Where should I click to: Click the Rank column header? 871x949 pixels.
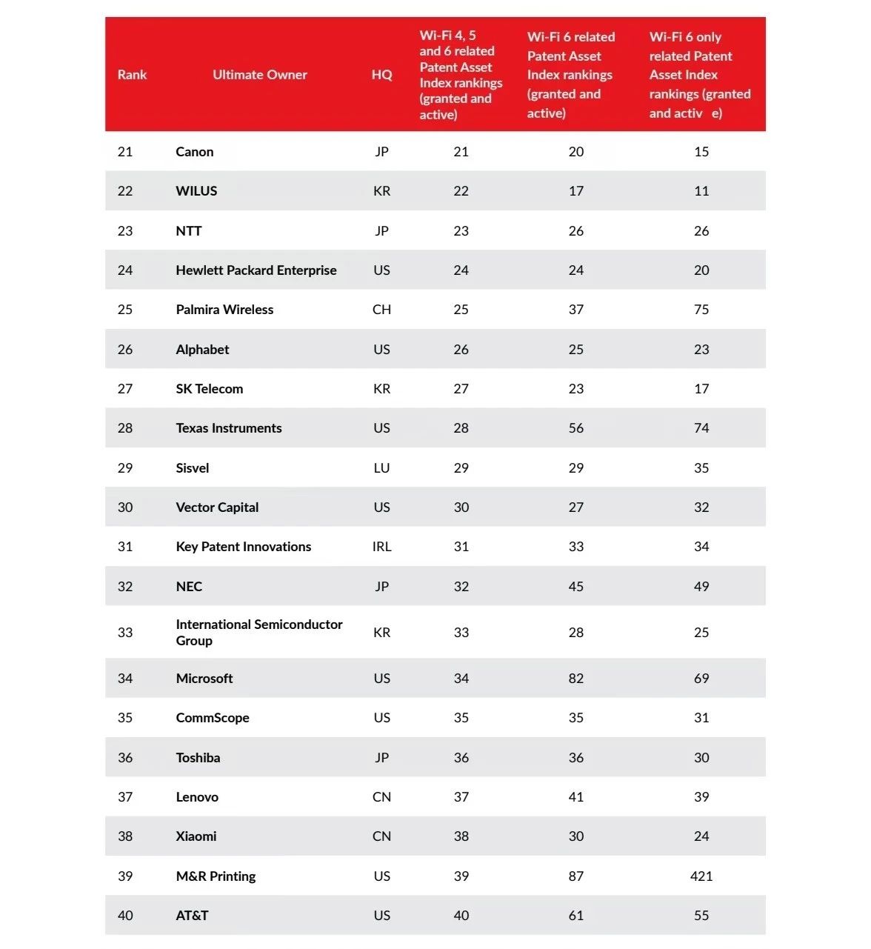(x=132, y=74)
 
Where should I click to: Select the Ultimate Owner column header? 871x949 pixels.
(x=260, y=74)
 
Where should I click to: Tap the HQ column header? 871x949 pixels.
(x=381, y=74)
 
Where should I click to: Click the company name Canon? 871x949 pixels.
(x=195, y=151)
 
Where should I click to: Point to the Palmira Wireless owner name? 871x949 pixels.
(x=224, y=310)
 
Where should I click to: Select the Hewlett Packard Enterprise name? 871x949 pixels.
(x=256, y=270)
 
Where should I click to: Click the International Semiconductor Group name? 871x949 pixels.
(x=259, y=632)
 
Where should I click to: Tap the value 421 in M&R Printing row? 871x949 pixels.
(x=701, y=876)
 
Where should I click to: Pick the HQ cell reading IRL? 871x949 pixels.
(x=381, y=547)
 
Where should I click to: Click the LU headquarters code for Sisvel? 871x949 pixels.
(x=381, y=468)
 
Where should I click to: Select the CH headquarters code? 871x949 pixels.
(x=381, y=310)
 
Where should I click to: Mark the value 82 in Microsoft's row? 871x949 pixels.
(x=575, y=678)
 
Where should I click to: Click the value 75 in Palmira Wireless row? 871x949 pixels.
(x=701, y=310)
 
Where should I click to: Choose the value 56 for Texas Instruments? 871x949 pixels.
(x=575, y=427)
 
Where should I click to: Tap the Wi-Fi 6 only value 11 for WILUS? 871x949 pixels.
(x=701, y=190)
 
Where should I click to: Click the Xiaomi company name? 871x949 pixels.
(x=196, y=836)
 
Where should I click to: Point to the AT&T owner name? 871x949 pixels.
(x=192, y=915)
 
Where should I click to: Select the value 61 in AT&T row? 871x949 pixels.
(x=575, y=915)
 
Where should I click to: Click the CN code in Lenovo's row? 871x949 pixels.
(x=381, y=796)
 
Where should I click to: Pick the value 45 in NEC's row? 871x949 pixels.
(x=575, y=586)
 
